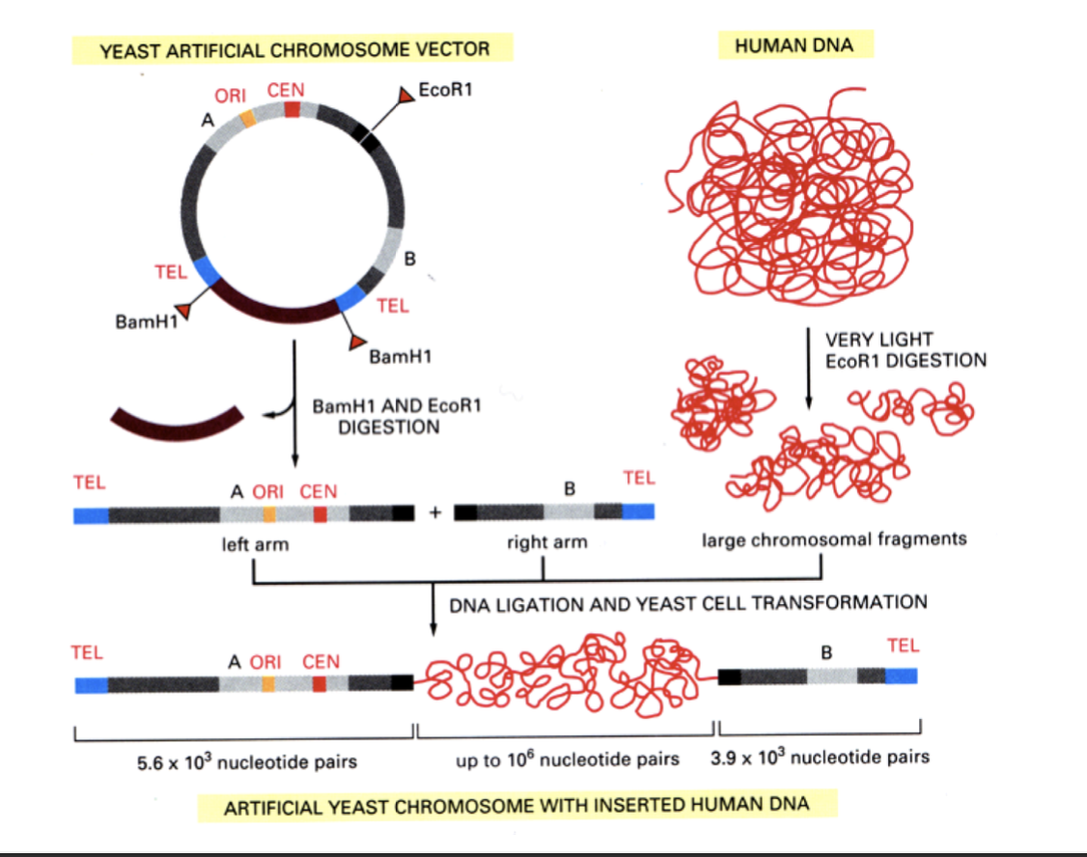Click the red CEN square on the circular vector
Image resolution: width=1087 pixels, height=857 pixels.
tap(293, 111)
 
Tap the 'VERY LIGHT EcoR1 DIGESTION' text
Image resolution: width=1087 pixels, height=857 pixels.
tap(905, 350)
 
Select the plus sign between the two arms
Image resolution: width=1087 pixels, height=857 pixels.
tap(434, 512)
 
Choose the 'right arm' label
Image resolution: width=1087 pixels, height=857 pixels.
tap(546, 543)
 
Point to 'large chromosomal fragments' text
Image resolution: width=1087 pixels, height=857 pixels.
tap(833, 539)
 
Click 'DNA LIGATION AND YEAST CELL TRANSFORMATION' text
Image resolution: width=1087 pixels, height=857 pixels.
tap(687, 603)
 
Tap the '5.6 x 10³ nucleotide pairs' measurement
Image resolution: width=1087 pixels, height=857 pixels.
tap(246, 761)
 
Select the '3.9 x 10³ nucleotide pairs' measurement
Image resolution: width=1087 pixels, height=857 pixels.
tap(820, 758)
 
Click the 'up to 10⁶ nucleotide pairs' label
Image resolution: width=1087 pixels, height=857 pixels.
tap(567, 760)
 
